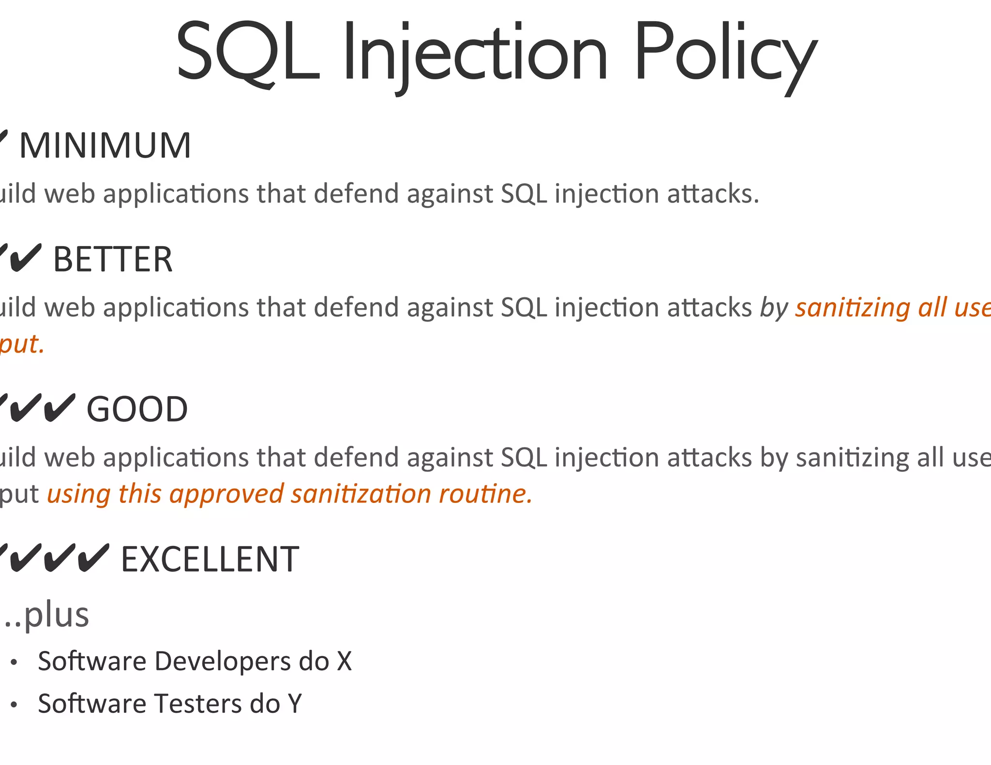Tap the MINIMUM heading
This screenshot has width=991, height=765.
point(105,146)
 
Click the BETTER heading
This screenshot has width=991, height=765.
point(112,260)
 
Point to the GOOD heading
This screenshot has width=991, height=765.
point(137,410)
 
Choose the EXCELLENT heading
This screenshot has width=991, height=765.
point(210,559)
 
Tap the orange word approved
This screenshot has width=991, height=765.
point(226,494)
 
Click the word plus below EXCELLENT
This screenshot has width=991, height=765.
point(56,616)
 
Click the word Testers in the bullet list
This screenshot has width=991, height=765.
point(198,704)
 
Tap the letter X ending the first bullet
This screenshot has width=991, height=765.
point(344,662)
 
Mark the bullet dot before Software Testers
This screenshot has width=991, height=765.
point(14,705)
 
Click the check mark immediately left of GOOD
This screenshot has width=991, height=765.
point(60,408)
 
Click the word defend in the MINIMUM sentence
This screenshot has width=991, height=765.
point(356,194)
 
